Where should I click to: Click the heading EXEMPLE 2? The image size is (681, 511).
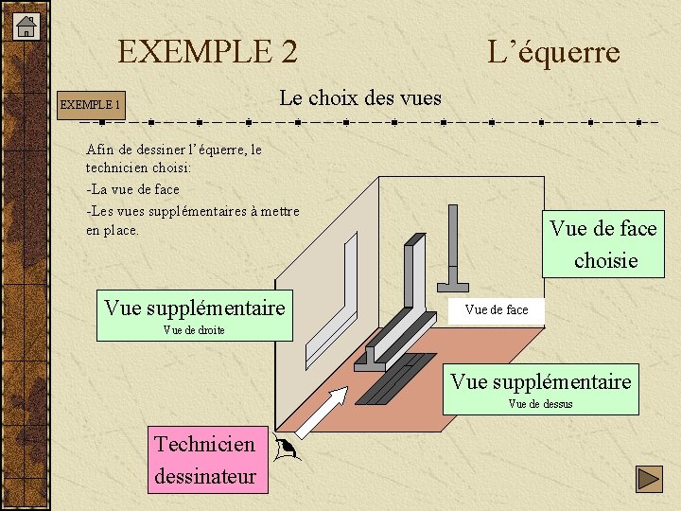(x=207, y=51)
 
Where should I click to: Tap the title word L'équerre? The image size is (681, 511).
(x=553, y=51)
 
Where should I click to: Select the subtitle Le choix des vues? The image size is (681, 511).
(x=360, y=97)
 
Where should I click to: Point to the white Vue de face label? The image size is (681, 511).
(x=497, y=309)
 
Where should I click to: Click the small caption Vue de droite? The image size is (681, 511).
(x=194, y=330)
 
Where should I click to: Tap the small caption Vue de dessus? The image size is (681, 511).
(x=540, y=404)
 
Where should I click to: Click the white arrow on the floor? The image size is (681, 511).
(x=322, y=413)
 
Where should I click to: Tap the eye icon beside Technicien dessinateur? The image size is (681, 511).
(x=285, y=449)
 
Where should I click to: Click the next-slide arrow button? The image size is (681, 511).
(x=648, y=480)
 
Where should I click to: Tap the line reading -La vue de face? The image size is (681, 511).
(x=132, y=189)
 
